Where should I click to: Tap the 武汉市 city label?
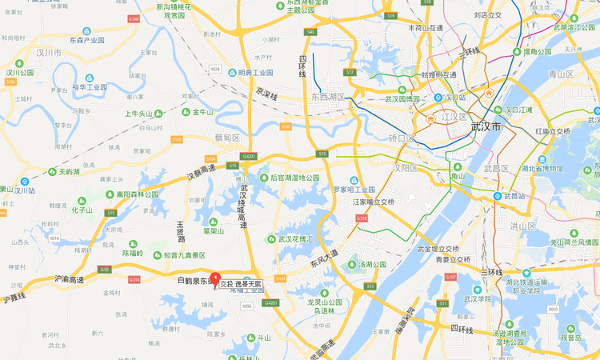pyautogui.click(x=486, y=127)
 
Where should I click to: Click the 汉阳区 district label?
pyautogui.click(x=402, y=168)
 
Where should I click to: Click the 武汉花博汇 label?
pyautogui.click(x=294, y=238)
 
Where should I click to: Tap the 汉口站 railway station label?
pyautogui.click(x=454, y=98)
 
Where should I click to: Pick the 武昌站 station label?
pyautogui.click(x=513, y=196)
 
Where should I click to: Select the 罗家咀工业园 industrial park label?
pyautogui.click(x=354, y=190)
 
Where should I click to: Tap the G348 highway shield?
pyautogui.click(x=133, y=18)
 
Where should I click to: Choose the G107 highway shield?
pyautogui.click(x=450, y=277)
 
